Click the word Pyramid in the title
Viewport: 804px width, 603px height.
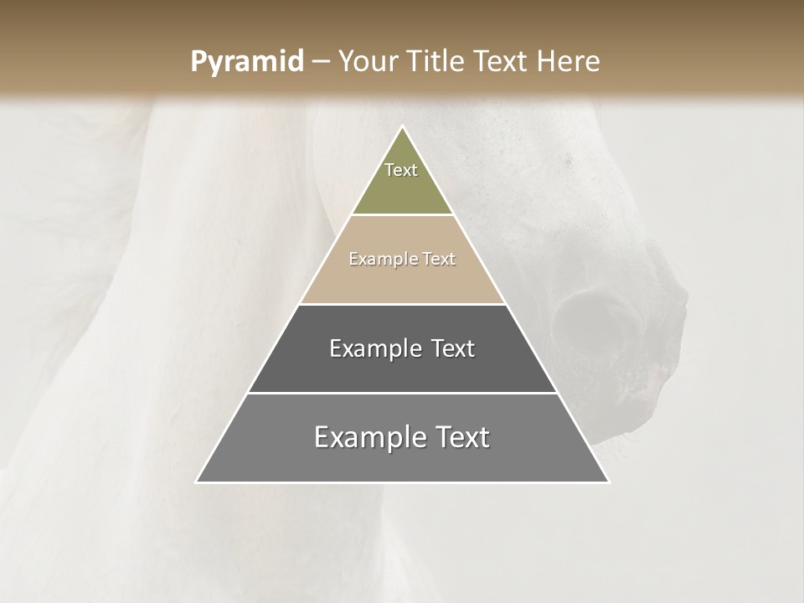[246, 61]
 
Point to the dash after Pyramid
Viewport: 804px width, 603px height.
[320, 62]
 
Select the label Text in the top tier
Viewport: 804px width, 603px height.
[401, 170]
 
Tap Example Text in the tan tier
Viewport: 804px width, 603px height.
[402, 259]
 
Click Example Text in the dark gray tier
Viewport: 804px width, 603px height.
[402, 348]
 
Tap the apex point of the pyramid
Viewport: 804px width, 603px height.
[403, 127]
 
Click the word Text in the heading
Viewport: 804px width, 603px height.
[503, 61]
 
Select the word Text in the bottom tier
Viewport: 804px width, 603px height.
[456, 437]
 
